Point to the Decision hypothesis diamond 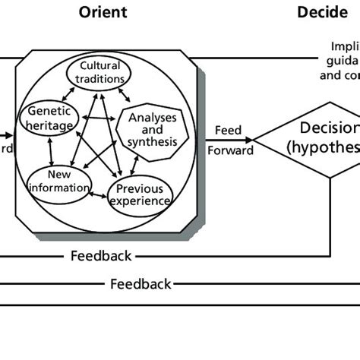319,137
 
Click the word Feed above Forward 229,130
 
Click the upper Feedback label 101,256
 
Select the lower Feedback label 141,284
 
